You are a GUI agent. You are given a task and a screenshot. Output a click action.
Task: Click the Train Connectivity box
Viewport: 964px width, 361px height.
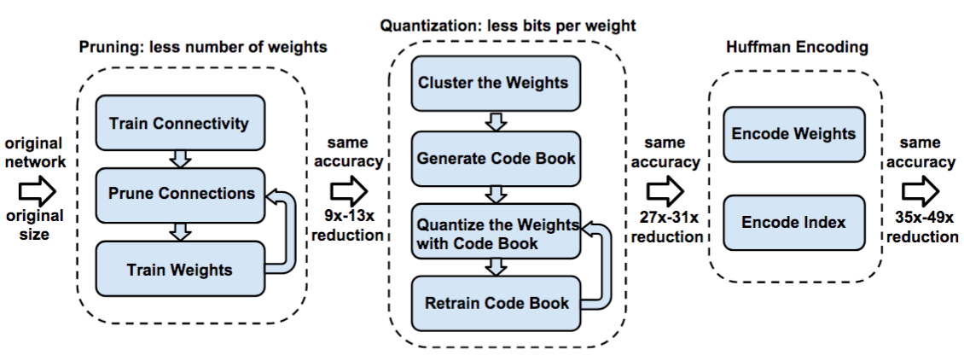click(179, 123)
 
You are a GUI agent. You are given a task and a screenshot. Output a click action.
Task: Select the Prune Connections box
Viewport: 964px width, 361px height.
click(181, 193)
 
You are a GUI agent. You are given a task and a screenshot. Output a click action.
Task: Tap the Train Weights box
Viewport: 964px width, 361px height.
click(179, 270)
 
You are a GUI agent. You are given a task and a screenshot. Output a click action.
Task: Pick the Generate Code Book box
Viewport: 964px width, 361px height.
click(495, 158)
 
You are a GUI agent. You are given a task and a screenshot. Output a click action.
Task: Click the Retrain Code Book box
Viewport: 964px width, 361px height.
click(495, 303)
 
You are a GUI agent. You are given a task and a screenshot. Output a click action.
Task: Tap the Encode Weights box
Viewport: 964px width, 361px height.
click(793, 133)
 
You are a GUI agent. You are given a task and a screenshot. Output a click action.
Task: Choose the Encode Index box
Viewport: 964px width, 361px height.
click(793, 222)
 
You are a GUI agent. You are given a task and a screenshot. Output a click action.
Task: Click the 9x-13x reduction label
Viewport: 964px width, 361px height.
click(347, 226)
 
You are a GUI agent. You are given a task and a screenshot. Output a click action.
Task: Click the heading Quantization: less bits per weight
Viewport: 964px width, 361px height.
click(508, 26)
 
